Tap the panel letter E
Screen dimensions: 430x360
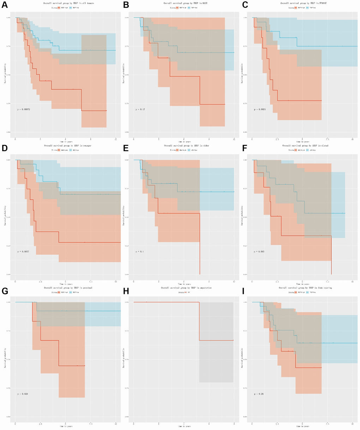(124, 148)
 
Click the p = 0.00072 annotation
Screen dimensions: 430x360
(24, 110)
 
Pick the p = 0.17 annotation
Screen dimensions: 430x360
(140, 110)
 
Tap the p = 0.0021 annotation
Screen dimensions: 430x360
(260, 110)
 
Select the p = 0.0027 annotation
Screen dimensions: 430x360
(24, 252)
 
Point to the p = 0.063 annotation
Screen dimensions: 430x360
(259, 252)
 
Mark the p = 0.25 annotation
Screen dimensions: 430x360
(259, 394)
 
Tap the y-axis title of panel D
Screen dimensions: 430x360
(5, 217)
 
